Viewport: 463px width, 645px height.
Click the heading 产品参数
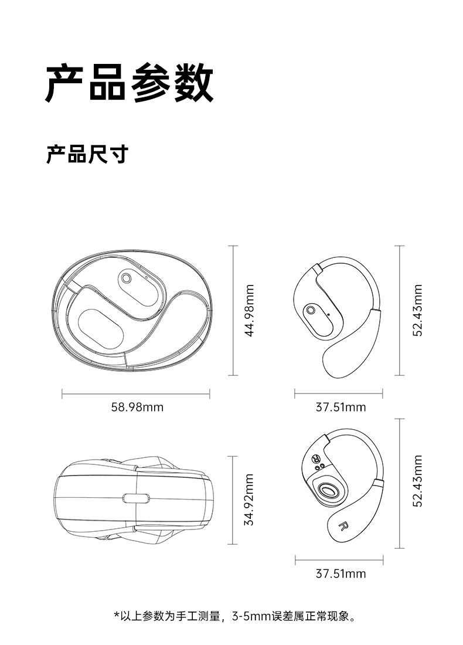(130, 83)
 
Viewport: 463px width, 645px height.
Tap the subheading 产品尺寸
(87, 155)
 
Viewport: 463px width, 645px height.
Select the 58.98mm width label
(137, 407)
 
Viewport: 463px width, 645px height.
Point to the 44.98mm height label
(250, 310)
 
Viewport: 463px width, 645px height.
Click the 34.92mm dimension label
(250, 500)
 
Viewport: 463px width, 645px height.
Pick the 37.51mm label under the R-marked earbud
(341, 573)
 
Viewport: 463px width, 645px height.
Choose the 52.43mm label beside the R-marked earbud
(417, 481)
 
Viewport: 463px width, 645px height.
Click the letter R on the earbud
(343, 526)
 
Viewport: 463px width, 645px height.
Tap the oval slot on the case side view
(136, 499)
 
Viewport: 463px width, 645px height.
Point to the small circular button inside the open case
(126, 277)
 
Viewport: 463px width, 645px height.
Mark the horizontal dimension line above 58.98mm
(135, 394)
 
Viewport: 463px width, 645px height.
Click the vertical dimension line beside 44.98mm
(233, 310)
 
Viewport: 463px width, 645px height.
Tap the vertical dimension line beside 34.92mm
(233, 500)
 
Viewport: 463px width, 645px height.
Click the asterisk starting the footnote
(116, 616)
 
